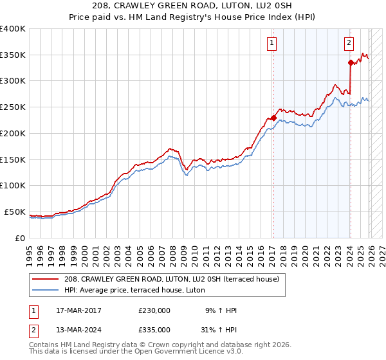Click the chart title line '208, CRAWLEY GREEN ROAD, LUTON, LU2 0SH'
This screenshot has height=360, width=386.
[x=193, y=6]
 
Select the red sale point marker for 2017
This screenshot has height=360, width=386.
[x=273, y=118]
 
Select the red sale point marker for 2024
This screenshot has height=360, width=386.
[x=351, y=62]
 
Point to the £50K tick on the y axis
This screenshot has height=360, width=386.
[x=15, y=212]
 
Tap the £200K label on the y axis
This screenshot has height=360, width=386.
[x=13, y=134]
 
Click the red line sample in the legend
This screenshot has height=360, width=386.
[x=46, y=279]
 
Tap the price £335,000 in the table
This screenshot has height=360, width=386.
[x=154, y=329]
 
